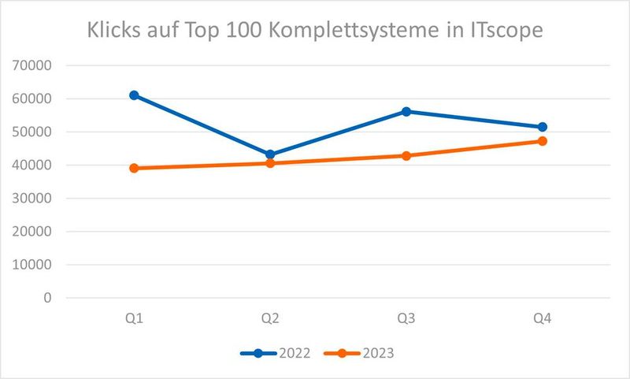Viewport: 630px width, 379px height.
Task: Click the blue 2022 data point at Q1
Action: (x=134, y=95)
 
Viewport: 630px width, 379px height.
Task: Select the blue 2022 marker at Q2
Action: (x=270, y=154)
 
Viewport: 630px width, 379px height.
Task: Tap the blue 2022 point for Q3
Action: (x=406, y=112)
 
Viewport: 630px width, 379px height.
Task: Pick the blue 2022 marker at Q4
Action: (x=543, y=127)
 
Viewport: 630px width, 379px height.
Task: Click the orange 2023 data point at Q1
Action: (x=134, y=168)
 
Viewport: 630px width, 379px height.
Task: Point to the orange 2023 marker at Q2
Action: (x=270, y=163)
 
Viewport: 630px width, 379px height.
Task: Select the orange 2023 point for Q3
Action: (x=406, y=156)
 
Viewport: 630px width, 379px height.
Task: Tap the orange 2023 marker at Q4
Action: (x=543, y=141)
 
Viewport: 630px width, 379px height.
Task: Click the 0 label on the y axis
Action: (x=47, y=298)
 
